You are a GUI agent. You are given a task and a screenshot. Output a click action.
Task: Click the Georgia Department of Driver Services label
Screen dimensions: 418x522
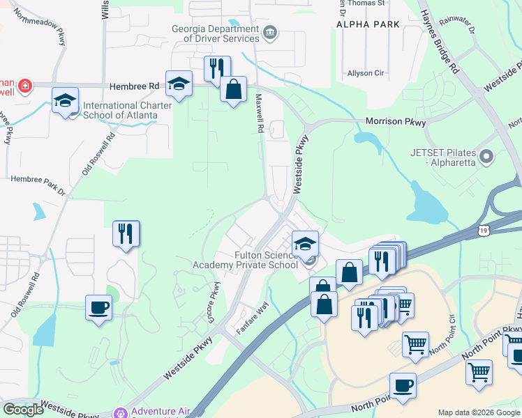point(216,34)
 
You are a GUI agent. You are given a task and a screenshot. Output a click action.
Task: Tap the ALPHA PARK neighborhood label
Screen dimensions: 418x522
point(368,24)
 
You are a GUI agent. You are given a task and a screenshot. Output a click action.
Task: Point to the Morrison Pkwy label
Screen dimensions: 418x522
point(396,121)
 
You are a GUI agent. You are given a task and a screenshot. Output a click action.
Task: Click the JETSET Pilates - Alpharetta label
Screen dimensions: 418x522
point(443,157)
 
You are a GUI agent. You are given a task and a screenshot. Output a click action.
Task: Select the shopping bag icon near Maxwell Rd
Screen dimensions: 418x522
point(233,89)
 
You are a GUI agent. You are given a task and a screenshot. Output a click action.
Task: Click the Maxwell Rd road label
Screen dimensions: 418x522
point(259,114)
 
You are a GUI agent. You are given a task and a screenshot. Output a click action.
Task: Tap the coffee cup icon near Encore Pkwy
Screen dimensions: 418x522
point(98,307)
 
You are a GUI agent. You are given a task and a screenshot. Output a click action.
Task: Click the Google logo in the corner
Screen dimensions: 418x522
point(23,410)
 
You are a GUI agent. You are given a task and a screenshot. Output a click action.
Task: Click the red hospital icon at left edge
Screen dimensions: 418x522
point(25,86)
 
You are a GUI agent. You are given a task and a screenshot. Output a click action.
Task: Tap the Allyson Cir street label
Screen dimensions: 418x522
point(366,73)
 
